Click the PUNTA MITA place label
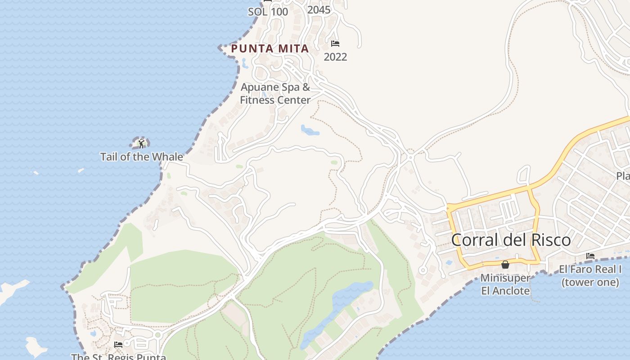270,49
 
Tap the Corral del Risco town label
511,240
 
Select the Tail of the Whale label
141,157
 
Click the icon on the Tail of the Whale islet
141,144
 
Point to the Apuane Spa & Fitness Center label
275,94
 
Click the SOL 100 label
268,12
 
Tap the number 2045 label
319,9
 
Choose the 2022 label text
335,57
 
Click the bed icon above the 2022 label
335,44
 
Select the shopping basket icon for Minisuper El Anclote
505,265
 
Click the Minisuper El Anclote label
505,284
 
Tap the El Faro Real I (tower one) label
590,276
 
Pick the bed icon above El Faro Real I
590,256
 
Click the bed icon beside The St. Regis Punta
118,344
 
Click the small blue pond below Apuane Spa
310,131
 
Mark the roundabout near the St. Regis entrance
157,335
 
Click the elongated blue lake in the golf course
337,310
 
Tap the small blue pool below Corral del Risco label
449,262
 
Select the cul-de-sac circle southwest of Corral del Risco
422,270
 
